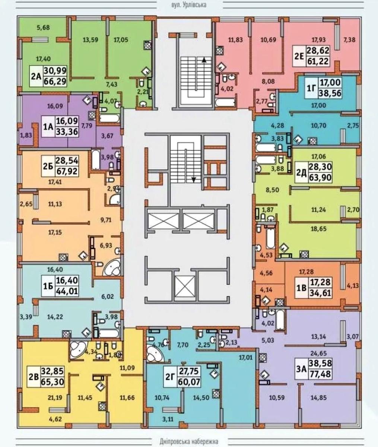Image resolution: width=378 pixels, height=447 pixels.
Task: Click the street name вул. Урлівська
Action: tap(189, 4)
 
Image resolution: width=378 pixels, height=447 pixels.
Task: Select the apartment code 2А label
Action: tap(36, 76)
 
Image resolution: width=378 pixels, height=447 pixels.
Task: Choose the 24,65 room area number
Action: tap(318, 353)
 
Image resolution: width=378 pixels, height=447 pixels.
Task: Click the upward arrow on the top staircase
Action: tap(204, 60)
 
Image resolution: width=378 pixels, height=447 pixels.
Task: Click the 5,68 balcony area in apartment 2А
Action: tap(43, 28)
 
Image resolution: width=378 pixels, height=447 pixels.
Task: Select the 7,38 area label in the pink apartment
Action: tap(349, 40)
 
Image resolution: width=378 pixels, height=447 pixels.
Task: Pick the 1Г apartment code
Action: tap(312, 88)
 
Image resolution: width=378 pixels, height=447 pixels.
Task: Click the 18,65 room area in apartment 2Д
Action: tap(318, 229)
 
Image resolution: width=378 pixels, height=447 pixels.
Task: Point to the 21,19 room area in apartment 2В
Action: tap(55, 397)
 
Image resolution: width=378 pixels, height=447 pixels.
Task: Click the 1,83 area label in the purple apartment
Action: tap(26, 135)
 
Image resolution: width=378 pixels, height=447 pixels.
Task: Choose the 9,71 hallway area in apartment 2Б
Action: tap(106, 220)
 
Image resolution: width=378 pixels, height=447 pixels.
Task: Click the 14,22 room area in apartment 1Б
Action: tap(55, 317)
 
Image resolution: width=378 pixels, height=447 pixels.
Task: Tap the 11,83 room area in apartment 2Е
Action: tap(235, 40)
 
